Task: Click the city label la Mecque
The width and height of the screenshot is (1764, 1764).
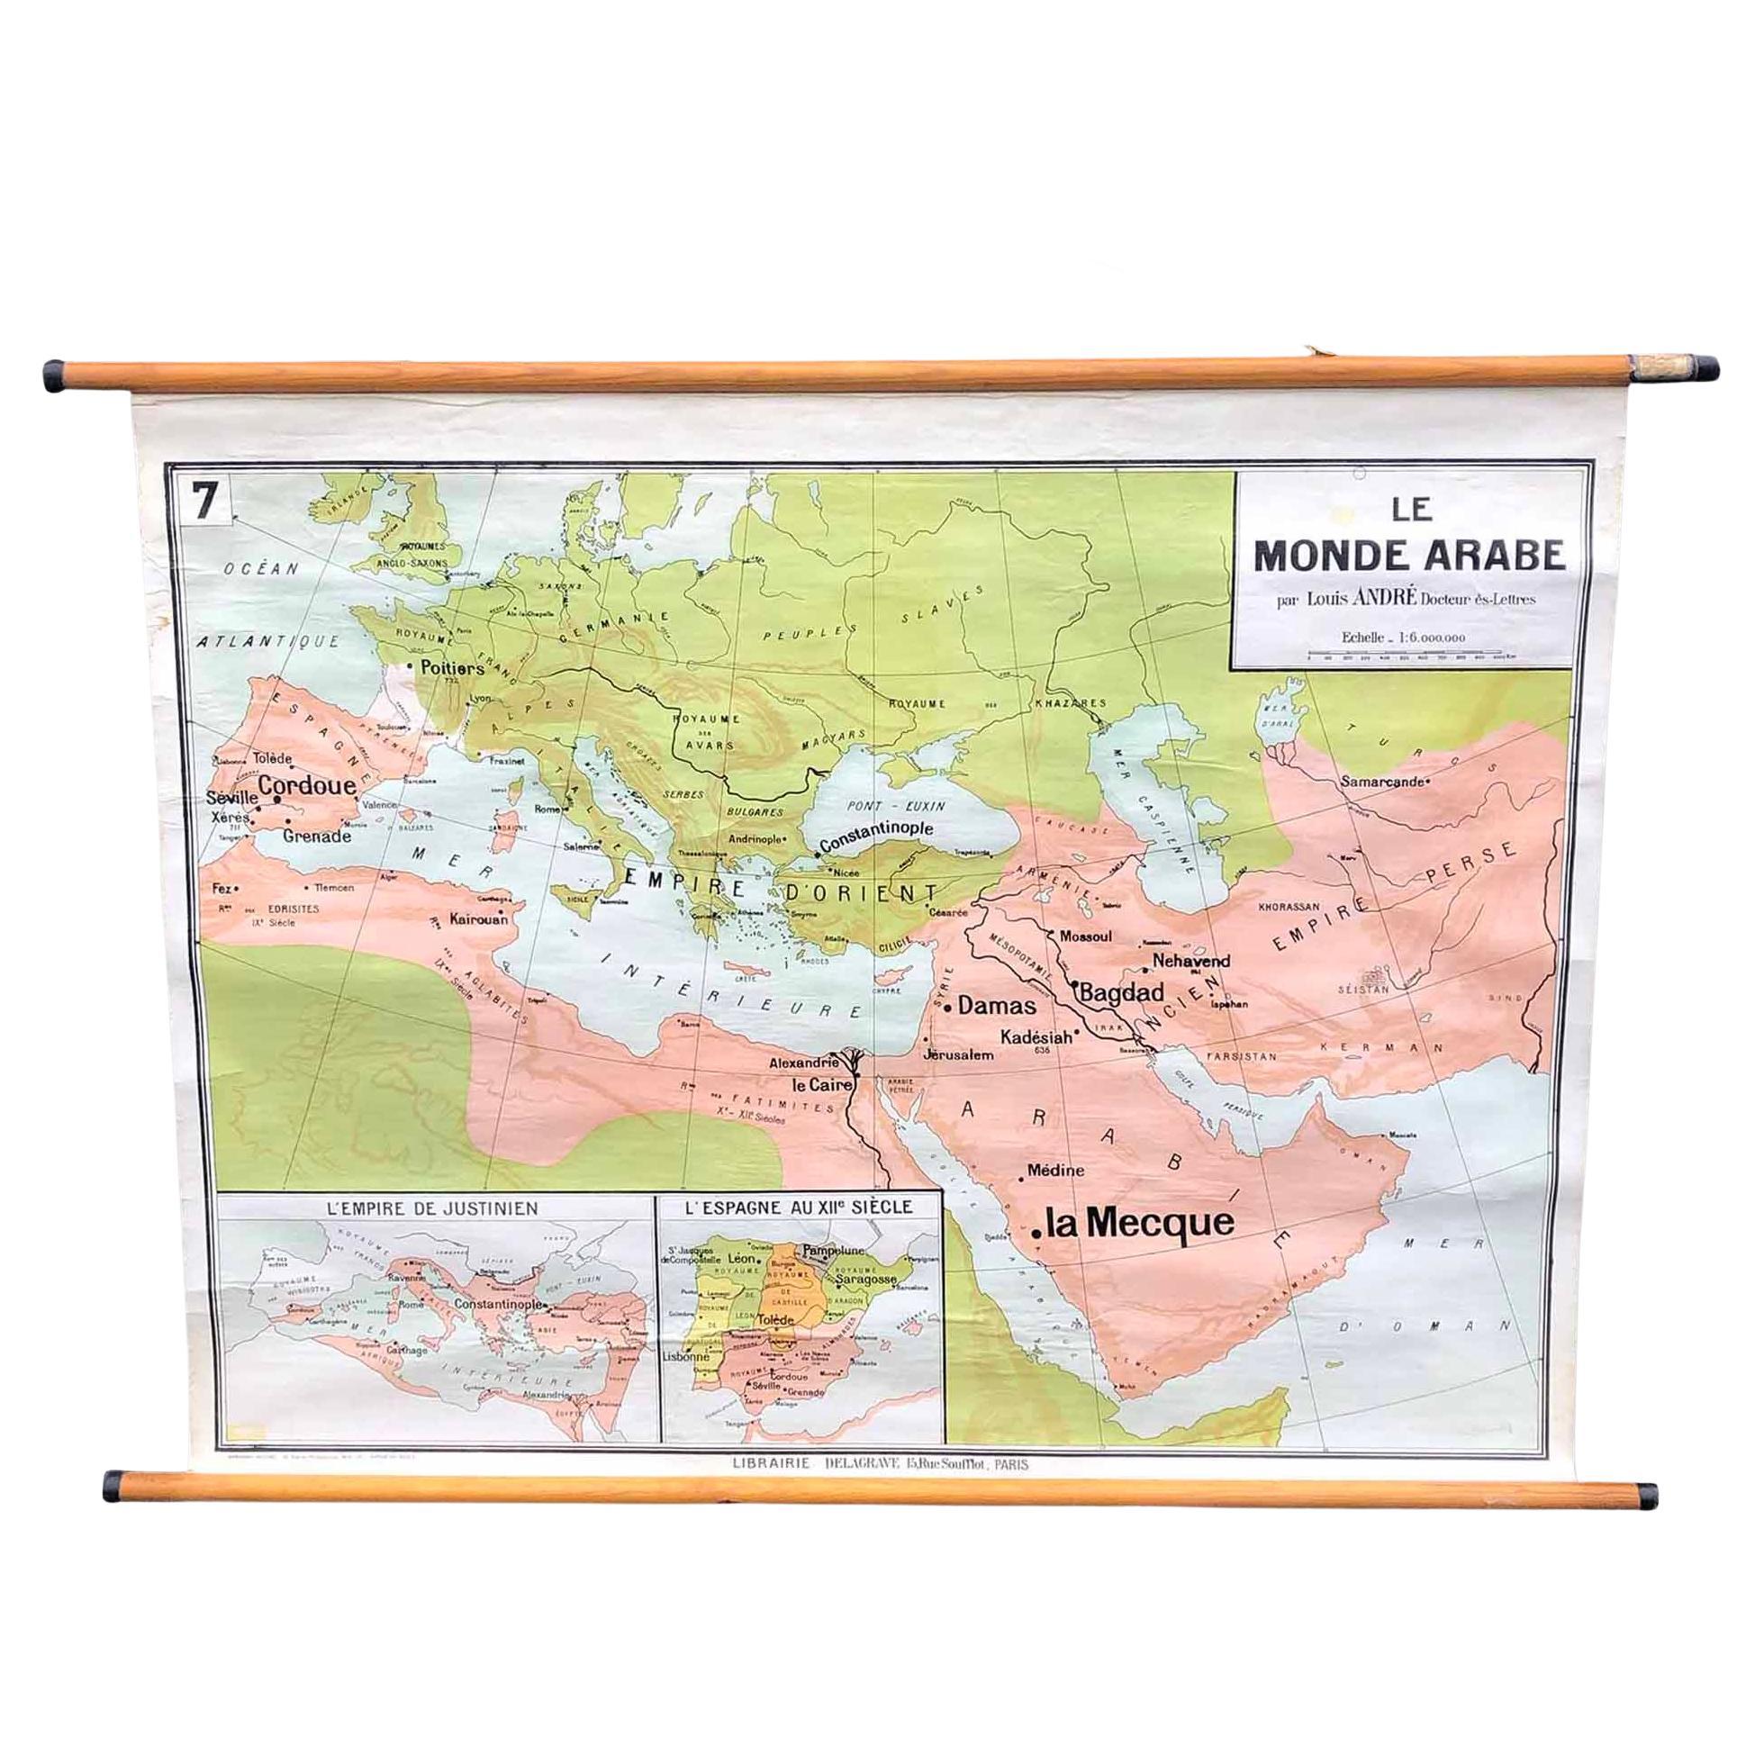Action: click(x=1140, y=1224)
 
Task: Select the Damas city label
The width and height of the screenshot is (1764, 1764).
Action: click(x=997, y=1006)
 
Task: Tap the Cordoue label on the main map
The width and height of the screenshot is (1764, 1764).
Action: click(x=307, y=785)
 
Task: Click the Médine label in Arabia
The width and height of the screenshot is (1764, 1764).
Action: click(x=1055, y=1170)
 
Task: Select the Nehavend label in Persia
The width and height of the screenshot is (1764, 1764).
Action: click(x=1191, y=961)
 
